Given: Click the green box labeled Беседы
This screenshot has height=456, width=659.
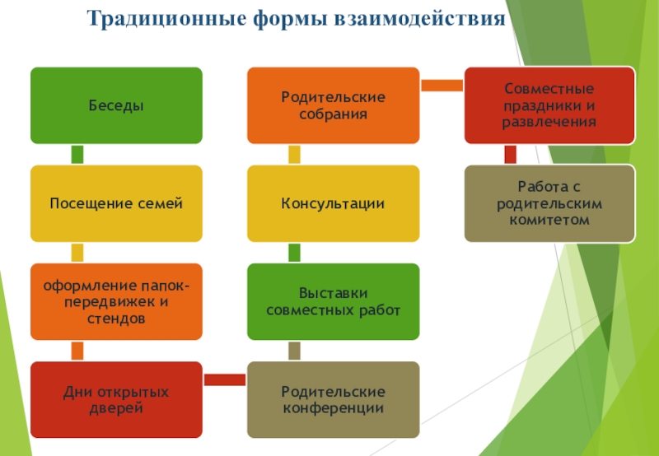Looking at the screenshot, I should [116, 105].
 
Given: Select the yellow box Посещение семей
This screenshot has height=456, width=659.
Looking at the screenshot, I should [116, 203].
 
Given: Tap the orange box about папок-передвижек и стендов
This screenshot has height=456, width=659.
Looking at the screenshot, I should [116, 301].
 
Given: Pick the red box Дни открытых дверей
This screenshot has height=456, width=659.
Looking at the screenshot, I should [116, 399].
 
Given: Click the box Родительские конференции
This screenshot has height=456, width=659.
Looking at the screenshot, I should [333, 399].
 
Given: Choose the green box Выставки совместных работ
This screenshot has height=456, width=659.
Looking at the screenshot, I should [333, 301].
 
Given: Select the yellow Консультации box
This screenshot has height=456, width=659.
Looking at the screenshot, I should [333, 203].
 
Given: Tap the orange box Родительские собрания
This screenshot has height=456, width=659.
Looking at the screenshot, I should [333, 105].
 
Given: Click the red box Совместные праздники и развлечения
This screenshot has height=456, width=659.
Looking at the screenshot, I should [549, 105].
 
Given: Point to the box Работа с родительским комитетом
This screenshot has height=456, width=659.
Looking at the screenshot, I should [549, 203].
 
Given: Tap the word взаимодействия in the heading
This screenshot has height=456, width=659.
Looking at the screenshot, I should [418, 17].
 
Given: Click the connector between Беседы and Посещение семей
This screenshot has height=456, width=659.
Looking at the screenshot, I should [77, 154].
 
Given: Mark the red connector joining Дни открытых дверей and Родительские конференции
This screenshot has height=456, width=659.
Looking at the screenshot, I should [224, 379].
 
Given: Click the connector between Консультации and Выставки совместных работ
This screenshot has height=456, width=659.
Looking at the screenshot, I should [294, 252].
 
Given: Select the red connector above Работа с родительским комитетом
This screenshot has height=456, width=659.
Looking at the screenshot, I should [510, 154].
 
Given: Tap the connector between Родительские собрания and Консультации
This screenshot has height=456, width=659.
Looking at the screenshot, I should [294, 154].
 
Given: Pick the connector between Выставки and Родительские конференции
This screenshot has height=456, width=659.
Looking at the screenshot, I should [294, 351].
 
